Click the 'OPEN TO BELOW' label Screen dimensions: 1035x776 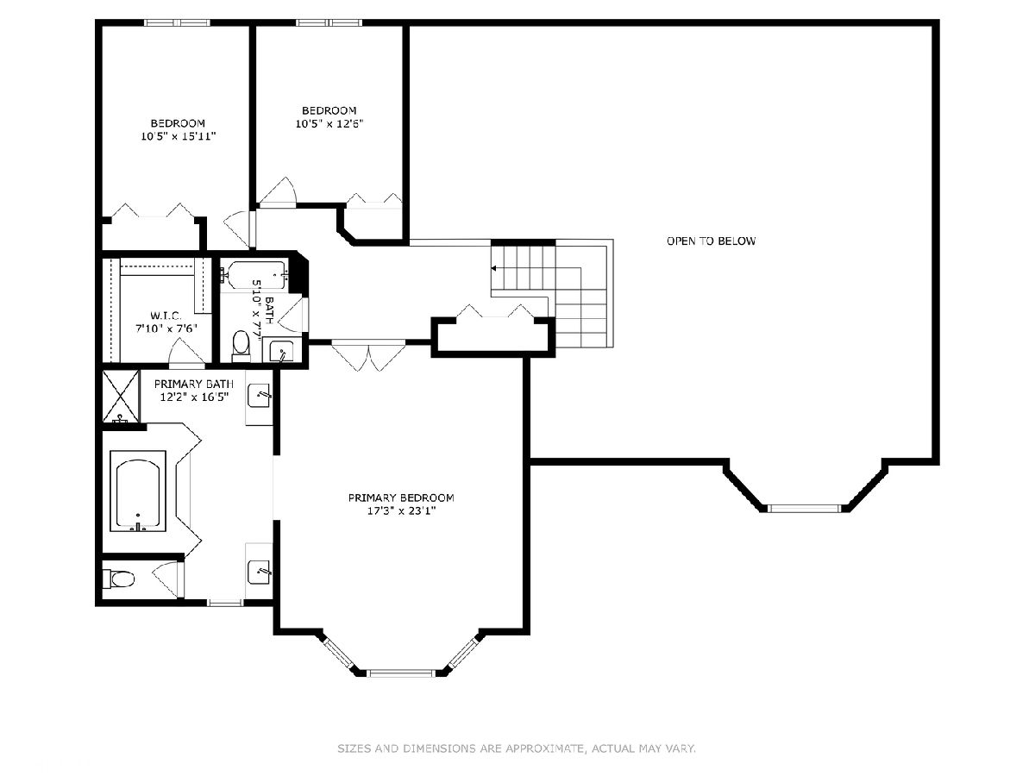711,241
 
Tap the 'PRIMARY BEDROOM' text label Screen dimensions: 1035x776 401,498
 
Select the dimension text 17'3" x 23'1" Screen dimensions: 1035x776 401,510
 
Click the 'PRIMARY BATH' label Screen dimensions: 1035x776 194,384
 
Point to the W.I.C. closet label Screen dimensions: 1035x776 166,316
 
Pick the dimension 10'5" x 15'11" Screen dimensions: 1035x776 179,136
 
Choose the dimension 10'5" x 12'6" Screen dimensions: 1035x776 329,124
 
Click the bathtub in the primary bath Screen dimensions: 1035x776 138,491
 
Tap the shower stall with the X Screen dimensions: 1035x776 122,397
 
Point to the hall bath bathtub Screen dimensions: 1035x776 255,275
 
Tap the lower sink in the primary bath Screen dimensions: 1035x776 259,572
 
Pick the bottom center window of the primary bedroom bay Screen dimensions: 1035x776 400,673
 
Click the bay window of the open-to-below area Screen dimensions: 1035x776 804,509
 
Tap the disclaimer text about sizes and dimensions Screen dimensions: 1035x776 517,748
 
